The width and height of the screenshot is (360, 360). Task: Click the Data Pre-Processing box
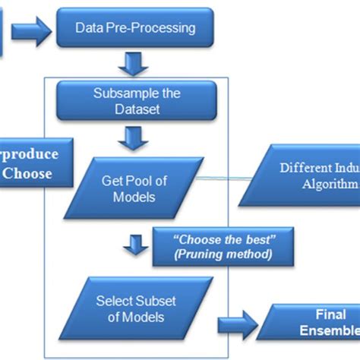[134, 29]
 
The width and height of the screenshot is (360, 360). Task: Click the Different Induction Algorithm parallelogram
[303, 177]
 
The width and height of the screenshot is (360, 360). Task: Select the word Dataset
[137, 111]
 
